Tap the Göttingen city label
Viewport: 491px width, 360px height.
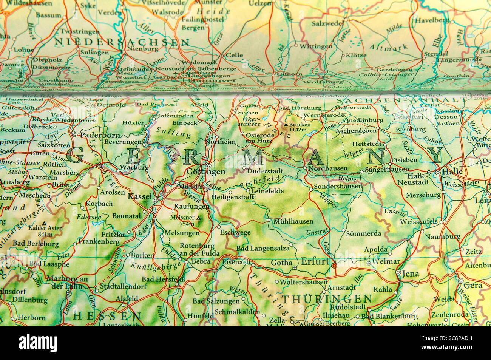(x=206, y=172)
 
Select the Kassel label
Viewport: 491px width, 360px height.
(x=140, y=196)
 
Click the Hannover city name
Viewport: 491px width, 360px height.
(x=212, y=80)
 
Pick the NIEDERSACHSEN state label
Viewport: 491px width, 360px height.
(x=106, y=41)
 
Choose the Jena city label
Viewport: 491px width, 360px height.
(x=411, y=273)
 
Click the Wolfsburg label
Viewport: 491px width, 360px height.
(x=323, y=81)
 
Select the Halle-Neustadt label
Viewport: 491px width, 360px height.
(x=418, y=179)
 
